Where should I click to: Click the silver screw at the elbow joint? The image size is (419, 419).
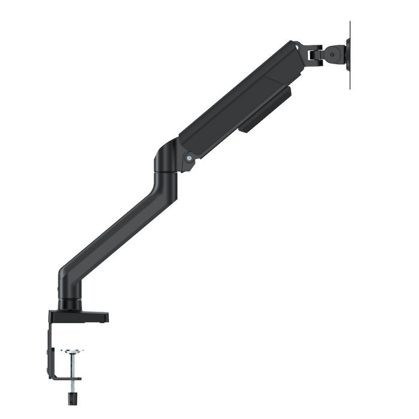click(189, 159)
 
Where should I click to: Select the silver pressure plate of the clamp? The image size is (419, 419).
click(72, 351)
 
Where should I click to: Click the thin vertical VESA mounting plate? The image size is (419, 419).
click(350, 55)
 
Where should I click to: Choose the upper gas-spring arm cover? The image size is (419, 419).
click(239, 102)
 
